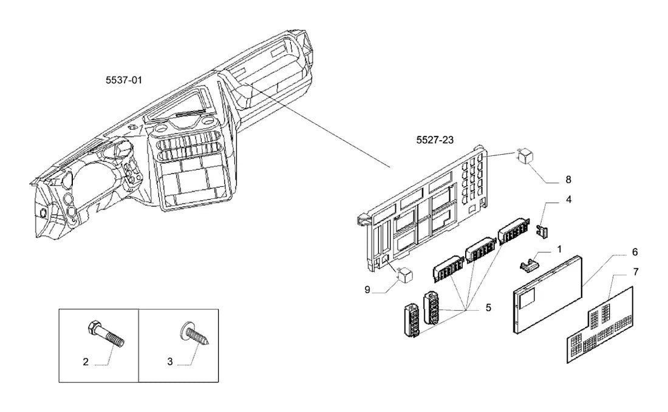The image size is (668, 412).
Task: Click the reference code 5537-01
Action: click(123, 80)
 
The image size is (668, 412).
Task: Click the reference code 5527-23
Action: click(435, 140)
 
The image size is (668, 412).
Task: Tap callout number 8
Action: click(568, 180)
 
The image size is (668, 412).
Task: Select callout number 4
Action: click(568, 200)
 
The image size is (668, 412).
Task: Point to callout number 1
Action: click(559, 249)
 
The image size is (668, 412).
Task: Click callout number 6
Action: click(635, 252)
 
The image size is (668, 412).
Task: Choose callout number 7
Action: click(636, 272)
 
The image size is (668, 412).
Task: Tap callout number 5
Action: click(488, 307)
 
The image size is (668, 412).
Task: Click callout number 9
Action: click(367, 290)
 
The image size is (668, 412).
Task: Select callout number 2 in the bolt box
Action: click(86, 362)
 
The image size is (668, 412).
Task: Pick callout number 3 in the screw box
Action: click(170, 362)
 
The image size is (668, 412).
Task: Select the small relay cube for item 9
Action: click(404, 275)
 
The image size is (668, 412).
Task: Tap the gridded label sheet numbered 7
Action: click(600, 325)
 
